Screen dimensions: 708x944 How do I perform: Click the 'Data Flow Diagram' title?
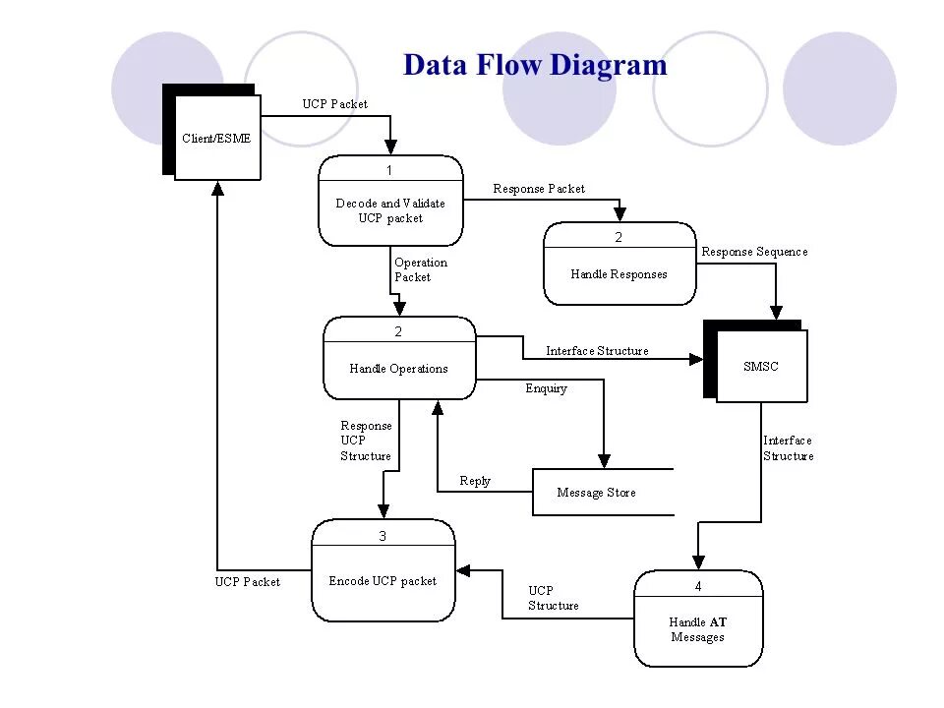point(535,65)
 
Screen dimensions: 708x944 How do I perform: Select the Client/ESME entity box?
point(216,138)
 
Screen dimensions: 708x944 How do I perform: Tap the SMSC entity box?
point(760,366)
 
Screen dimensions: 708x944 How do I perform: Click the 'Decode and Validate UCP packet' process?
point(390,210)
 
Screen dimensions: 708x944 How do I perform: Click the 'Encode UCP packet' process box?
point(383,580)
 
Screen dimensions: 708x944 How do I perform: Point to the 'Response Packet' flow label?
point(539,188)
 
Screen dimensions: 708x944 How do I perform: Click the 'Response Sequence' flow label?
point(754,251)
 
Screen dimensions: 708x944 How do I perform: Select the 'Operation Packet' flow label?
point(420,269)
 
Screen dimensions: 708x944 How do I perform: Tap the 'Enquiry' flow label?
point(546,388)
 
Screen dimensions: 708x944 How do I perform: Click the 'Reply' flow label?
point(475,481)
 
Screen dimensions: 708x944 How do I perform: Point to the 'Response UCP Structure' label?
point(366,441)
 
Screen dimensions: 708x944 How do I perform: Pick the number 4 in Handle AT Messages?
point(698,586)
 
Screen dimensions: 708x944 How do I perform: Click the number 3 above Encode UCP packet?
point(383,536)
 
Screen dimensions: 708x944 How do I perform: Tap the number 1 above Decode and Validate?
point(389,170)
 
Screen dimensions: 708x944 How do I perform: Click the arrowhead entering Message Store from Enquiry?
point(604,460)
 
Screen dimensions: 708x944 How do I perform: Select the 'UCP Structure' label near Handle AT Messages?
point(553,598)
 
